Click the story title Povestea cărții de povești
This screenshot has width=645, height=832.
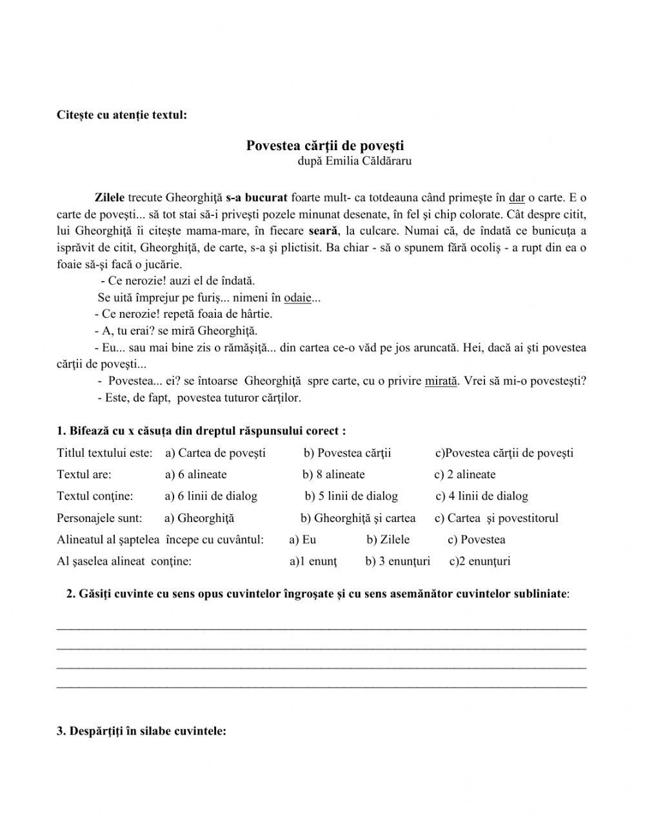(324, 146)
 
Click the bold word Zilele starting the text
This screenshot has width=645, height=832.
(109, 198)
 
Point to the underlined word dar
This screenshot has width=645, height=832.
(517, 198)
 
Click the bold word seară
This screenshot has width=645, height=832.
(324, 231)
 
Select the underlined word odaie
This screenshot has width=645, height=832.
(297, 298)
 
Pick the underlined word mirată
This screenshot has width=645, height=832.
(441, 381)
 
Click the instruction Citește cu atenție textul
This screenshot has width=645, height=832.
(122, 115)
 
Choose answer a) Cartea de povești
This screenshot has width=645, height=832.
(215, 453)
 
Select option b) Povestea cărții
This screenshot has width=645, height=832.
(347, 453)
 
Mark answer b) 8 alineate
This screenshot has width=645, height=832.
(333, 475)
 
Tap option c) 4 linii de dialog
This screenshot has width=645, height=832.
(482, 496)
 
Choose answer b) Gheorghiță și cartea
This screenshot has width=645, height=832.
(358, 518)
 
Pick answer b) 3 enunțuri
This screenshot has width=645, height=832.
(397, 561)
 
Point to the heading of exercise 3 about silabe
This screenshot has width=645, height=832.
(141, 731)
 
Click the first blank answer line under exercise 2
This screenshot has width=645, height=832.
(321, 627)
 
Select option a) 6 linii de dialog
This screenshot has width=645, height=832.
(211, 496)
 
